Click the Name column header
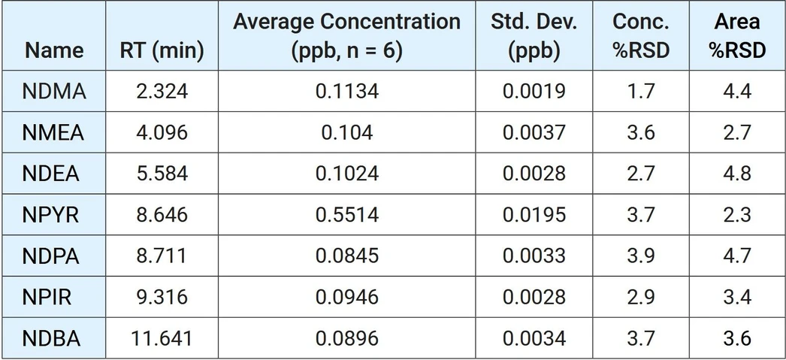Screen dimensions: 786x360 pos(54,50)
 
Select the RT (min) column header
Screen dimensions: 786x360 pos(162,50)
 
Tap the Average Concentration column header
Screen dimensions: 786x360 pos(347,36)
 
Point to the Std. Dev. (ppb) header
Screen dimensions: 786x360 pos(534,36)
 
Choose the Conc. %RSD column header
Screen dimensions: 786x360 pos(641,36)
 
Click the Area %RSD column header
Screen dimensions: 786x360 pos(737,36)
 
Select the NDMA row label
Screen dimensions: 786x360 pos(54,92)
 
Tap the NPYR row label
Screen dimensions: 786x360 pos(50,215)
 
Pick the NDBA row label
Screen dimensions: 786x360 pos(51,338)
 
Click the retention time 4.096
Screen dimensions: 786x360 pos(162,133)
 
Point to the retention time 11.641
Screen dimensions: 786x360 pos(162,338)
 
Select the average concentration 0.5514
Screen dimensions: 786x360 pos(347,215)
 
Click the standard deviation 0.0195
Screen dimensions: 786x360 pos(534,215)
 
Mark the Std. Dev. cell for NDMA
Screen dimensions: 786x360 pos(534,92)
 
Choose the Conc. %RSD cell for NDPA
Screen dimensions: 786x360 pos(641,256)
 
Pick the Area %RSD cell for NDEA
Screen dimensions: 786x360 pos(737,174)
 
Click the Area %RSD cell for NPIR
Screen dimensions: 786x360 pos(737,298)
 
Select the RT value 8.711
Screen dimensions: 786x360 pos(161,256)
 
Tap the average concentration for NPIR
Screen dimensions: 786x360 pos(347,298)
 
